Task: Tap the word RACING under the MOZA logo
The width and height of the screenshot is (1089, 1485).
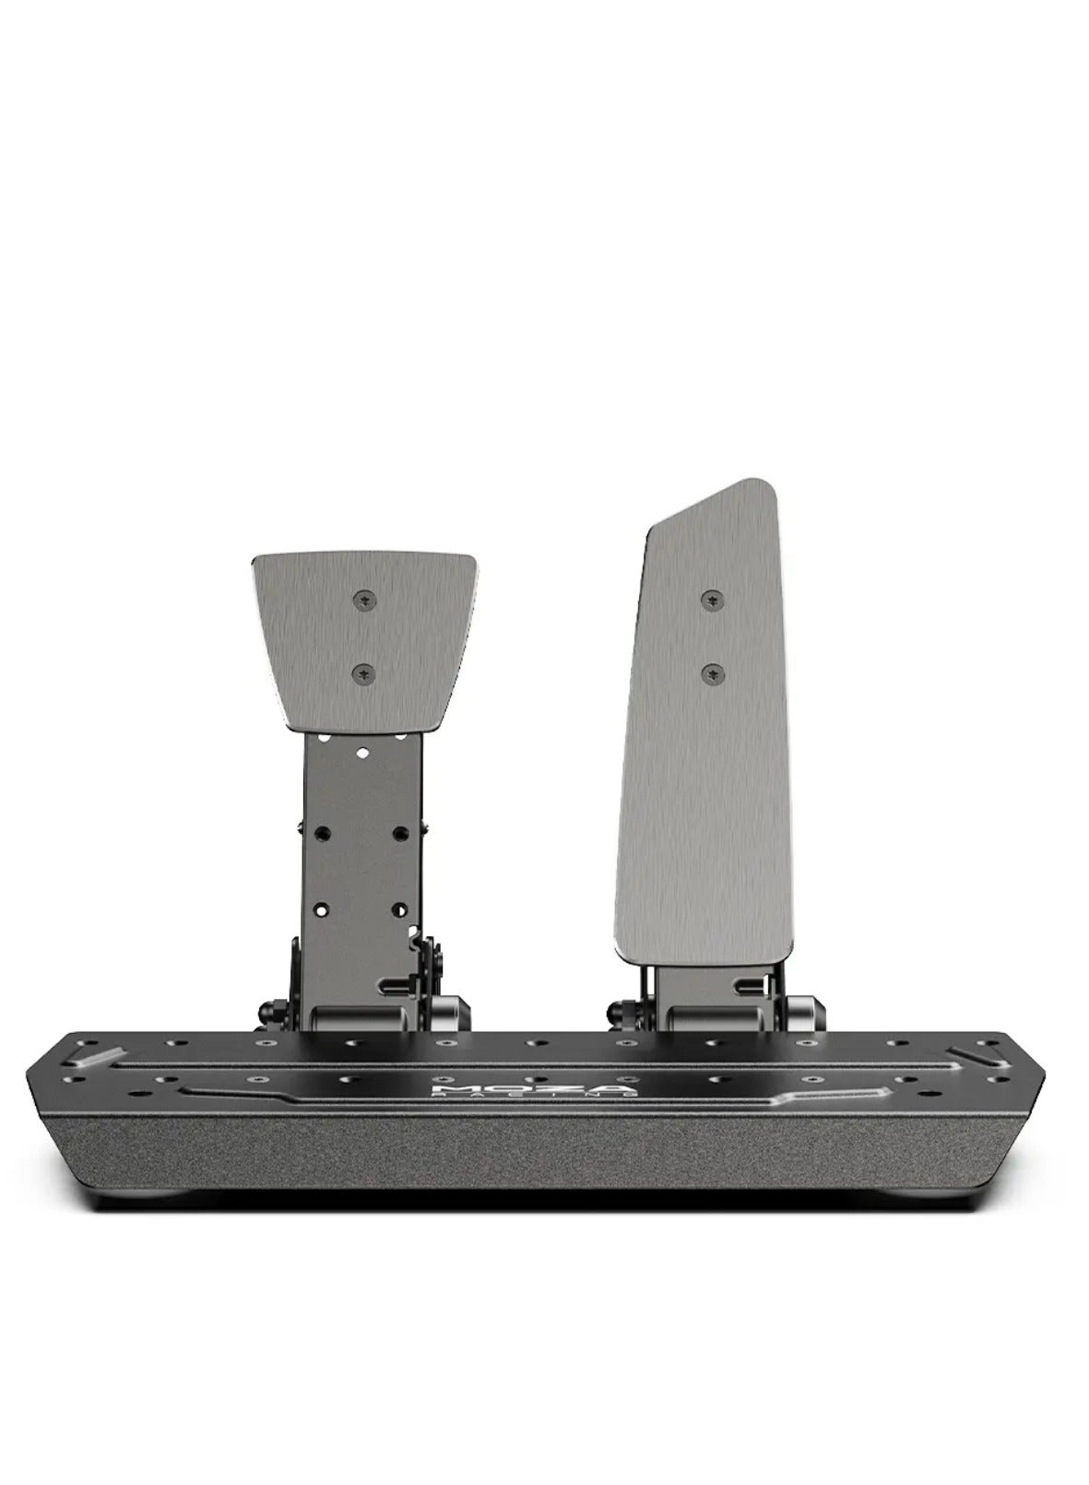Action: tap(534, 1096)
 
